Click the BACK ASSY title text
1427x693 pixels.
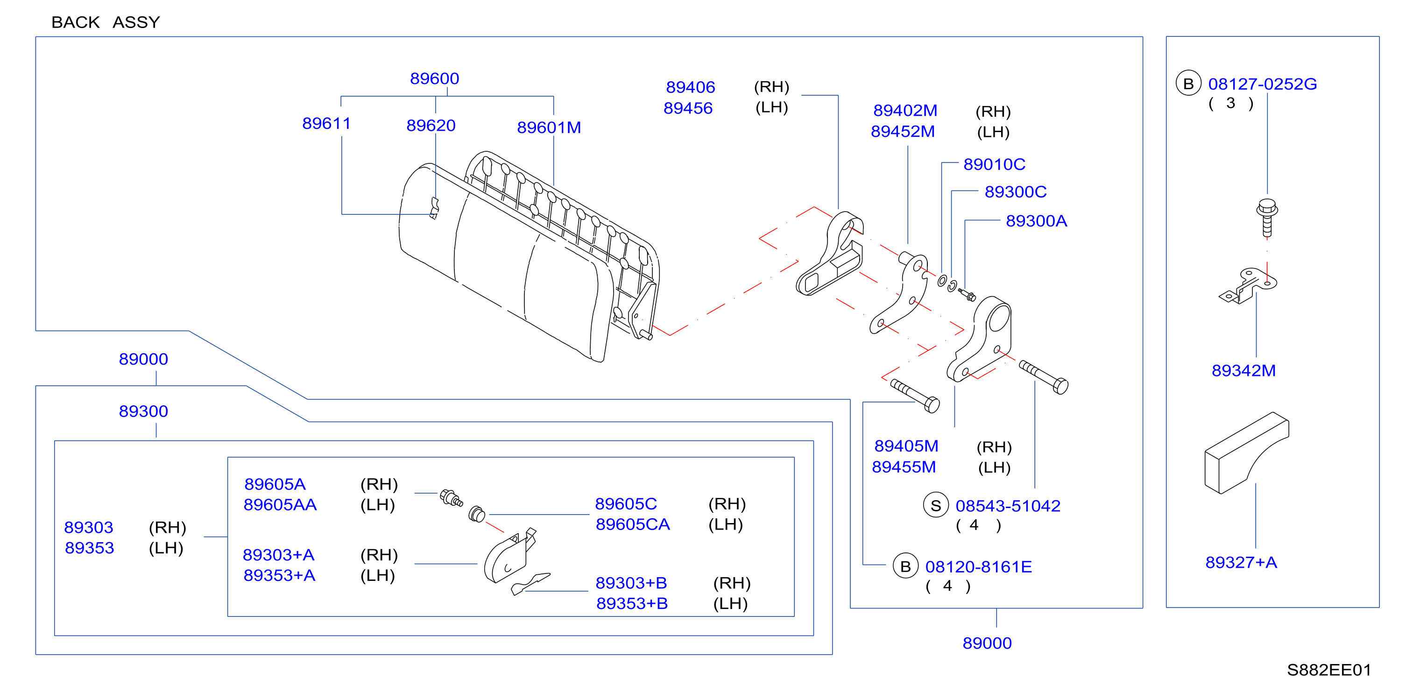tap(105, 22)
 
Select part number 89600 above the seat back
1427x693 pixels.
tap(434, 78)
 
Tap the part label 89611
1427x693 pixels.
tap(326, 124)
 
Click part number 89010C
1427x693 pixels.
tap(994, 164)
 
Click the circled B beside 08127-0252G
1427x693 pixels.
tap(1188, 84)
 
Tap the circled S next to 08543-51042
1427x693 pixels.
tap(936, 506)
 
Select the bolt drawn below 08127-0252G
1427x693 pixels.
tap(1267, 218)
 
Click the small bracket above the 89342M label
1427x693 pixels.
tap(1248, 286)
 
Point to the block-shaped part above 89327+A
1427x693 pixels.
tap(1246, 453)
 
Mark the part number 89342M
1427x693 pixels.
tap(1243, 371)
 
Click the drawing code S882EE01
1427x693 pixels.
tap(1329, 670)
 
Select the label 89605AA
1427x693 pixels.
tap(280, 505)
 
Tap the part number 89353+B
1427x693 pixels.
tap(632, 604)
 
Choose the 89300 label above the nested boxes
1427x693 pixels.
tap(143, 411)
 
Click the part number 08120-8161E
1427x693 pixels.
tap(978, 567)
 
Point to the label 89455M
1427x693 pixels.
tap(904, 467)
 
